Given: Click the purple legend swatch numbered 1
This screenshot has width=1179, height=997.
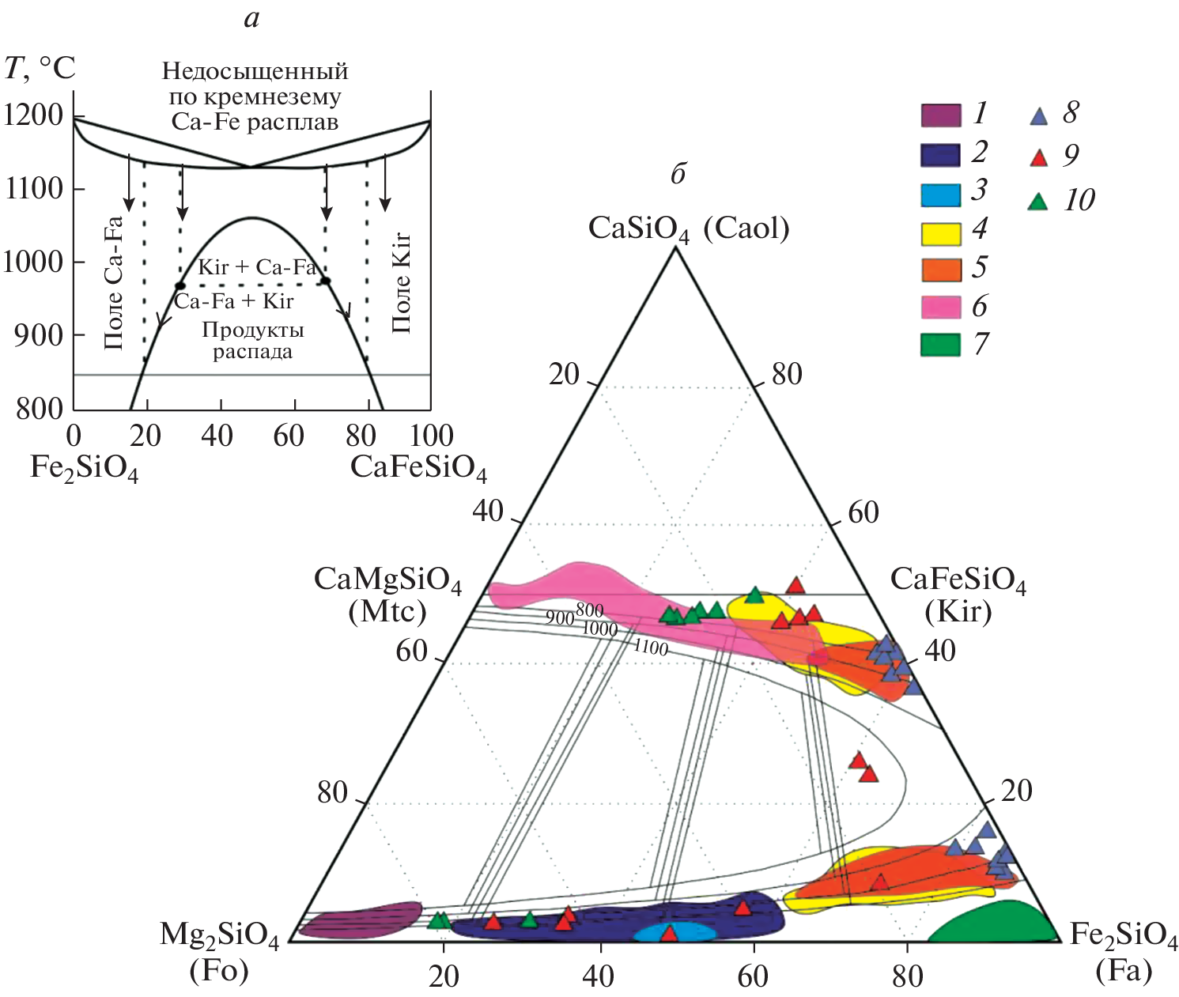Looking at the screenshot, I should click(x=940, y=115).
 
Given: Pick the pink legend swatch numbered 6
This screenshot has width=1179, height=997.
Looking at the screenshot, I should click(x=940, y=308).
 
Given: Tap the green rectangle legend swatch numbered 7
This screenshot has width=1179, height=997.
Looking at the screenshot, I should click(x=940, y=346).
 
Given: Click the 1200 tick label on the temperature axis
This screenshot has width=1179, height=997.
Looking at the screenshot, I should click(x=33, y=115).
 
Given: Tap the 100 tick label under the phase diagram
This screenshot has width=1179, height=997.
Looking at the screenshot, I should click(x=432, y=436).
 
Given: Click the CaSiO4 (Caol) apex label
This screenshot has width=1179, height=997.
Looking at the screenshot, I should click(x=689, y=229).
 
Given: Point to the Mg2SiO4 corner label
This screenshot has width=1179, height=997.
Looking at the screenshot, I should click(x=220, y=936).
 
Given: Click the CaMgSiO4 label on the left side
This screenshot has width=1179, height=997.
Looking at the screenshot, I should click(x=387, y=580).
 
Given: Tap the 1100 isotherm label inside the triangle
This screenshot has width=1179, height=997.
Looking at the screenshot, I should click(x=651, y=648).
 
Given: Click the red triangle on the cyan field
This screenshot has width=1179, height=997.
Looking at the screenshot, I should click(x=669, y=934).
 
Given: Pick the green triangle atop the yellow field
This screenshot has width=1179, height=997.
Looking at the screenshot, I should click(x=754, y=595).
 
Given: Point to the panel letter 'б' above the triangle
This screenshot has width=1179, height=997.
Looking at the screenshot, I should click(x=678, y=174).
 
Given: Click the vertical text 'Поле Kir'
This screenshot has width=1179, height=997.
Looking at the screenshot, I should click(x=401, y=282).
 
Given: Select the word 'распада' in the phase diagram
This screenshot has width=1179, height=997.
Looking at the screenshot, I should click(x=252, y=352).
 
